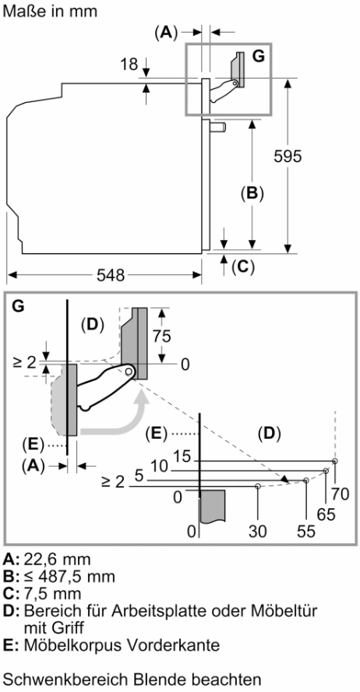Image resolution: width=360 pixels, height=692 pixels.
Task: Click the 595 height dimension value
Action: pyautogui.click(x=288, y=157)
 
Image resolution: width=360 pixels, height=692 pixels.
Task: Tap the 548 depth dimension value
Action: pyautogui.click(x=111, y=276)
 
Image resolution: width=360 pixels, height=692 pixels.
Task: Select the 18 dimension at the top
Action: pyautogui.click(x=129, y=65)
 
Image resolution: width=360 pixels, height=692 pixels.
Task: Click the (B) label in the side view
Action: pyautogui.click(x=252, y=193)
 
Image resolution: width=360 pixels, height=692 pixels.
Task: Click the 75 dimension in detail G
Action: pyautogui.click(x=161, y=337)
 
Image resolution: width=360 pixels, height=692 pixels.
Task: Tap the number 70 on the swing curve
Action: pyautogui.click(x=340, y=494)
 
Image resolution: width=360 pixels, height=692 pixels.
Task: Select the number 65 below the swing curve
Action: pyautogui.click(x=326, y=514)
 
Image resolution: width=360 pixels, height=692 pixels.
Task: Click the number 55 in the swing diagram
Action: pyautogui.click(x=306, y=531)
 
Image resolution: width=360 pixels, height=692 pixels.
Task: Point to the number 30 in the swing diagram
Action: pyautogui.click(x=258, y=531)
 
